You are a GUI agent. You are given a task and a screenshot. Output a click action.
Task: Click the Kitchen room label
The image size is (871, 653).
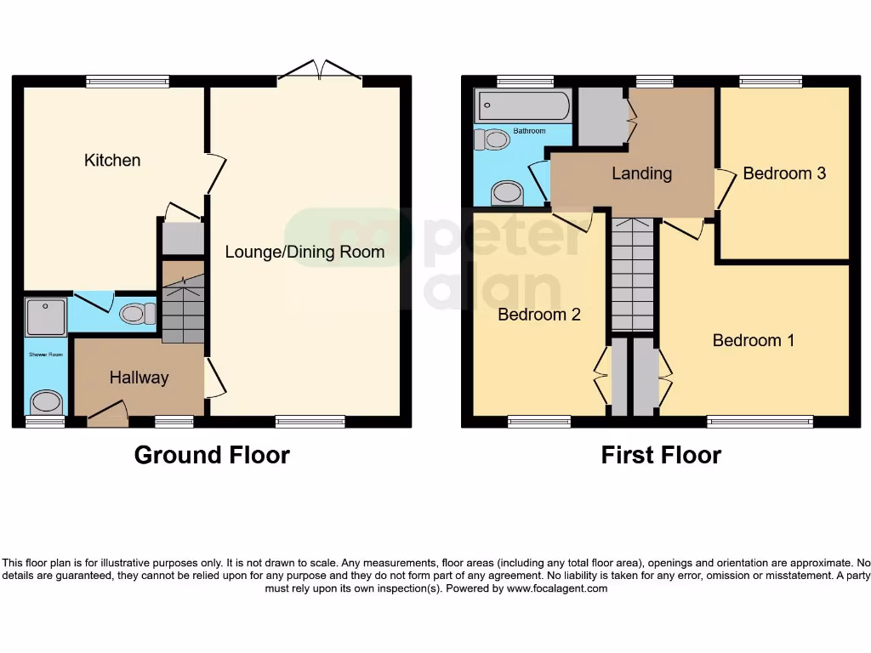[112, 160]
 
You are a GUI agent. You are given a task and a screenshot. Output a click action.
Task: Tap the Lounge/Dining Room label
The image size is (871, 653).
[305, 252]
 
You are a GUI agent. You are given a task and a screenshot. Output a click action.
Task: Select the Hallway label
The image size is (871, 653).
[139, 378]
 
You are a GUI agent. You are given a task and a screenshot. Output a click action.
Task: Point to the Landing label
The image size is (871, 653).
[641, 173]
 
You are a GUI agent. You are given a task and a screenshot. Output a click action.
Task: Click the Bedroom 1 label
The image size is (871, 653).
[753, 340]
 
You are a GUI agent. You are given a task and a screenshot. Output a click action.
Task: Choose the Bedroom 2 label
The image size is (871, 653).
[538, 315]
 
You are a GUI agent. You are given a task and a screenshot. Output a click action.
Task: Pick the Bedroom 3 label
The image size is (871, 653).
[783, 173]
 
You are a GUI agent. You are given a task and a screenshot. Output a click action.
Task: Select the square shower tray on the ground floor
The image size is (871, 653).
[45, 316]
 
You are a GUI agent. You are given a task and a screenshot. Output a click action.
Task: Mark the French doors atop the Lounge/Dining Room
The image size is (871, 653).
[320, 72]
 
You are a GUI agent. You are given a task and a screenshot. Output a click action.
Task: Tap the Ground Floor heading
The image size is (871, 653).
[212, 455]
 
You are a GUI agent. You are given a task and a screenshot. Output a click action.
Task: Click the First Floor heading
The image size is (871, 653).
[661, 455]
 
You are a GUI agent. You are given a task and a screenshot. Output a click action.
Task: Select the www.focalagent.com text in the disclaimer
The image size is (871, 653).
[557, 588]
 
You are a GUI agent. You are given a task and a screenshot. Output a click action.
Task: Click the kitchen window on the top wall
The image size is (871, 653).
[128, 82]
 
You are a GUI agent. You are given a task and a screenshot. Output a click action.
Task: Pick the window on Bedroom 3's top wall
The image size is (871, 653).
[771, 82]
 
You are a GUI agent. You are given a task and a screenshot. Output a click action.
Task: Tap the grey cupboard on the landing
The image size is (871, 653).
[601, 116]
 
